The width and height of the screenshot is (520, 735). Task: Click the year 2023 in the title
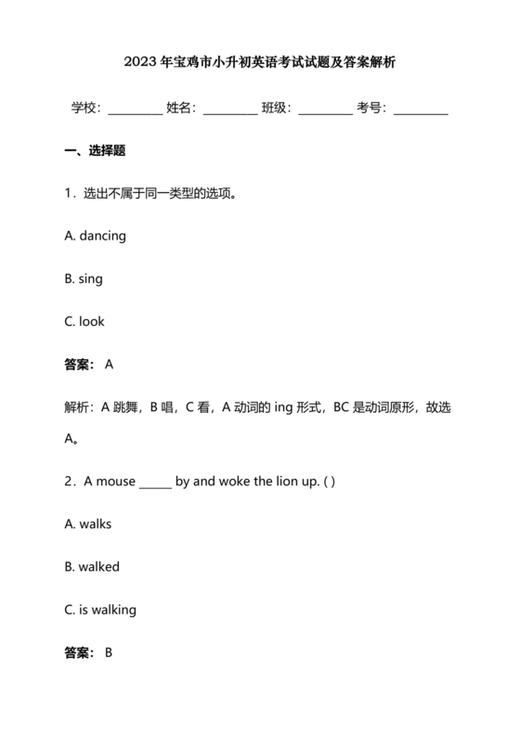(x=140, y=64)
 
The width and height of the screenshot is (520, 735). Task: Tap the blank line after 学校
(x=135, y=109)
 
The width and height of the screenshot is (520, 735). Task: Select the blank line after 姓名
(x=230, y=109)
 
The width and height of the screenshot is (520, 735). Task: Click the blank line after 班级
(x=326, y=109)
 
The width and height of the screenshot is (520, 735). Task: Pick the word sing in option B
(x=91, y=278)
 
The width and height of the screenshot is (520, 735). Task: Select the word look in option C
(x=92, y=321)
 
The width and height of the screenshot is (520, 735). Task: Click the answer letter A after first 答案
(x=109, y=365)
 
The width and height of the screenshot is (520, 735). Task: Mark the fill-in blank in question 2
(x=155, y=484)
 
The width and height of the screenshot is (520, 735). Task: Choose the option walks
(x=95, y=524)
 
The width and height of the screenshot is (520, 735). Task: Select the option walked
(x=98, y=567)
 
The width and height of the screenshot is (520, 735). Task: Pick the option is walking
(x=107, y=610)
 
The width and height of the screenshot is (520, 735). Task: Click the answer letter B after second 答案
(x=109, y=652)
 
